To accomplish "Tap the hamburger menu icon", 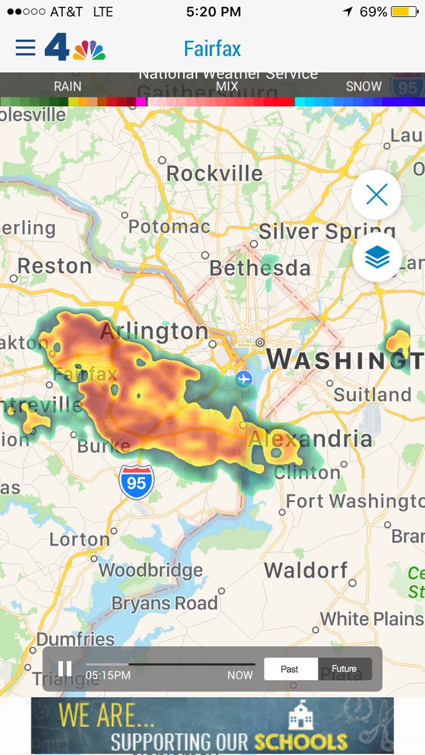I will point(25,48).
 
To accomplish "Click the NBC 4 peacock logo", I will point(75,48).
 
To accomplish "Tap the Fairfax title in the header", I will point(212,48).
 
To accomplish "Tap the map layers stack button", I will point(377,257).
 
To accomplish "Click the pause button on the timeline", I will point(65,669).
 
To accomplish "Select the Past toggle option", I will point(290,669).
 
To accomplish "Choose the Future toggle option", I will point(344,669).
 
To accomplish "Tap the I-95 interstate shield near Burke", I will point(136,483).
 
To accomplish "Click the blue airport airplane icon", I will point(244,379).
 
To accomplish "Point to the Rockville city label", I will point(214,173).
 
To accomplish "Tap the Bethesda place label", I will point(259,269).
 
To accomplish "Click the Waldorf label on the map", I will point(305,571).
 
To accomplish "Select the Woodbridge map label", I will point(150,571).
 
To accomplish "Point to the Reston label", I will point(54,266).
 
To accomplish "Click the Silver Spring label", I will point(326,232).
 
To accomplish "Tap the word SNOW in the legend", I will point(363,86).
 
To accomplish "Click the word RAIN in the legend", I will point(67,86).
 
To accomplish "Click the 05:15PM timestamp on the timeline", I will point(108,675).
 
